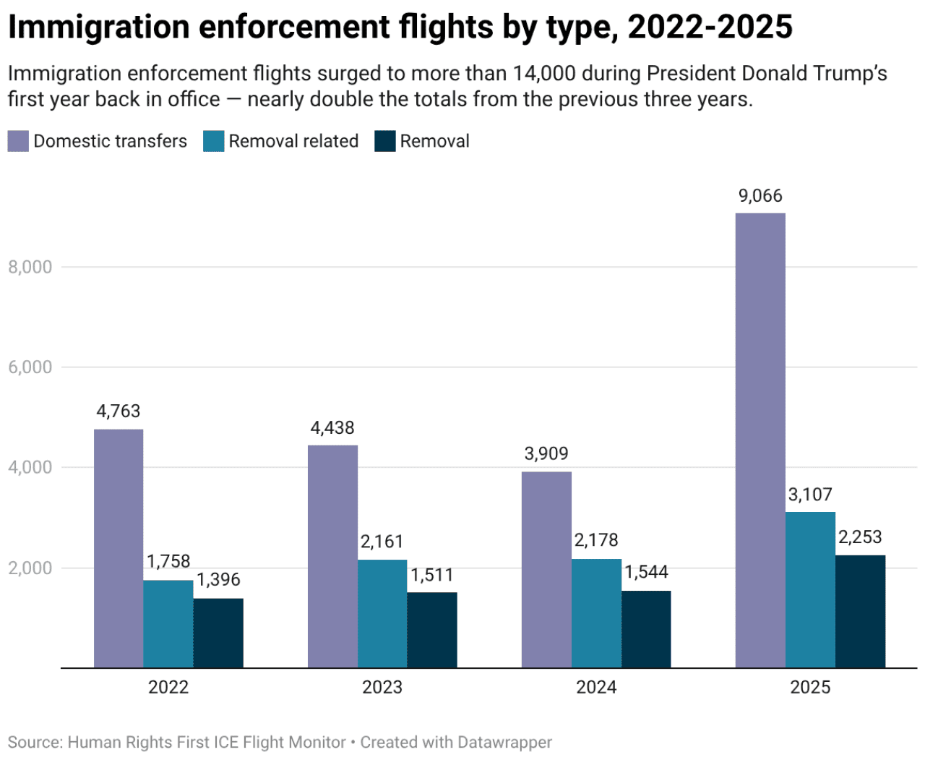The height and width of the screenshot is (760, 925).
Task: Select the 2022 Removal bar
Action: pyautogui.click(x=218, y=633)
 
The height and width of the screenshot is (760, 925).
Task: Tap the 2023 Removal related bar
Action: pyautogui.click(x=382, y=613)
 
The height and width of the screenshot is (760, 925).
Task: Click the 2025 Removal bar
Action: pyautogui.click(x=860, y=611)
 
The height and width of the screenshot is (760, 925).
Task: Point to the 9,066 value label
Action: pyautogui.click(x=760, y=196)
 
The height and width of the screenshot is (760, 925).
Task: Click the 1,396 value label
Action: pyautogui.click(x=218, y=580)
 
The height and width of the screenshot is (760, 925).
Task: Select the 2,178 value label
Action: pyautogui.click(x=596, y=540)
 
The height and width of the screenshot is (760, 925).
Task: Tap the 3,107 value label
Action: pyautogui.click(x=810, y=495)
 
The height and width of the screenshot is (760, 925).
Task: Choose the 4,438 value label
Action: pyautogui.click(x=332, y=428)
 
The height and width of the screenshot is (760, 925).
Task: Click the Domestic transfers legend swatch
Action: pyautogui.click(x=18, y=141)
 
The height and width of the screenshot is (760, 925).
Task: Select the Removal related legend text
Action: pyautogui.click(x=293, y=141)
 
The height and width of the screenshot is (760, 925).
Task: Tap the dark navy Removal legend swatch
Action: pyautogui.click(x=385, y=141)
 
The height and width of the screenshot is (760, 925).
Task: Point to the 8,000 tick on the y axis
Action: pyautogui.click(x=30, y=267)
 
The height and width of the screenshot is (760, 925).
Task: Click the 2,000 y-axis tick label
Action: pyautogui.click(x=30, y=568)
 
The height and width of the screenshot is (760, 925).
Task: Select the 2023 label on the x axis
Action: pyautogui.click(x=382, y=687)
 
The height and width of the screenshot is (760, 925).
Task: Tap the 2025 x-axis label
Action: pyautogui.click(x=810, y=687)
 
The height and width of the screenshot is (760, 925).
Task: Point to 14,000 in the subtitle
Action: pyautogui.click(x=544, y=74)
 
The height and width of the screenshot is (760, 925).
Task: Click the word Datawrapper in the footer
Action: pyautogui.click(x=504, y=743)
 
